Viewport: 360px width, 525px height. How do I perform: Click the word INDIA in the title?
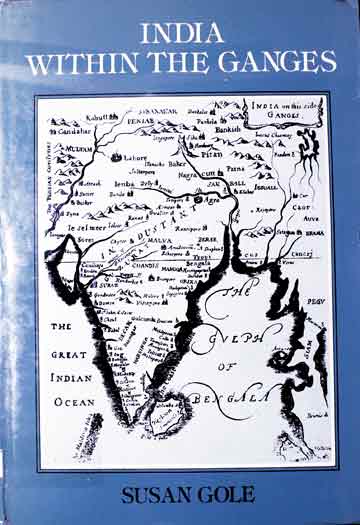(x=181, y=33)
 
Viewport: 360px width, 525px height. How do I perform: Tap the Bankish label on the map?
(x=227, y=127)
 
